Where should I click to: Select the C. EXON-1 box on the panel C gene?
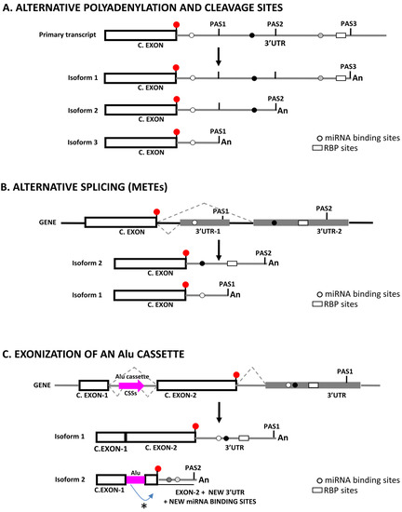92,384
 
